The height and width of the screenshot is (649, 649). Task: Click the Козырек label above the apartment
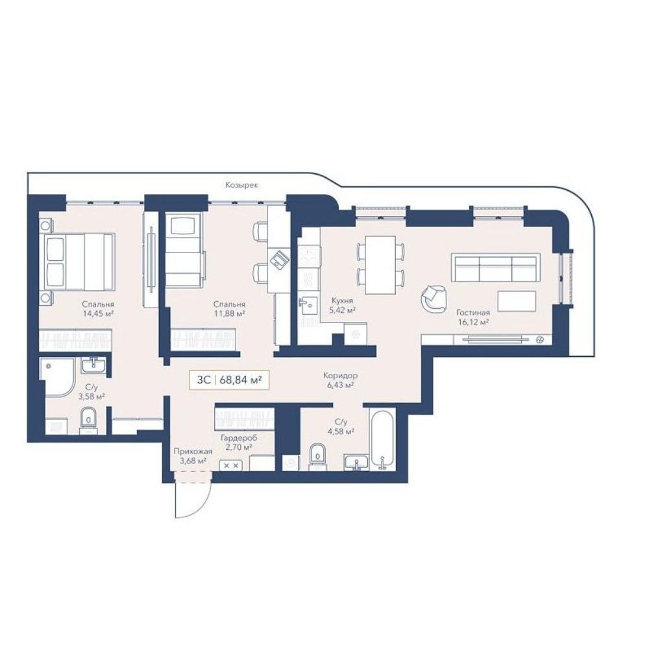(241, 185)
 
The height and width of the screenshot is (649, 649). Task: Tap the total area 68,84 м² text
(241, 380)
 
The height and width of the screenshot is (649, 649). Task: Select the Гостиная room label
(472, 313)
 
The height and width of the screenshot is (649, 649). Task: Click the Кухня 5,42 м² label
(342, 306)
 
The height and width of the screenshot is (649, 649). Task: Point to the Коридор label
(340, 376)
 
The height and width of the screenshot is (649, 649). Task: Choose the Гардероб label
(239, 438)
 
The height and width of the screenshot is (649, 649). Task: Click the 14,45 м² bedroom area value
(98, 313)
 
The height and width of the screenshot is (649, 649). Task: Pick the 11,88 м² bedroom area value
(229, 313)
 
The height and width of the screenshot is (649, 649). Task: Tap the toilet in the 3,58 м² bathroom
(88, 421)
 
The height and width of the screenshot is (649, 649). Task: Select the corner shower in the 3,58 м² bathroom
(57, 375)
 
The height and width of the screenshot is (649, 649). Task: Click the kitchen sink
(308, 306)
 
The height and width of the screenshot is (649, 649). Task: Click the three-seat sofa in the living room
(495, 268)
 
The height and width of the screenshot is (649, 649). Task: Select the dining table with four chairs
(380, 265)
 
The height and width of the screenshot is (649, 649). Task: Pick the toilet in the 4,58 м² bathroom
(317, 457)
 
